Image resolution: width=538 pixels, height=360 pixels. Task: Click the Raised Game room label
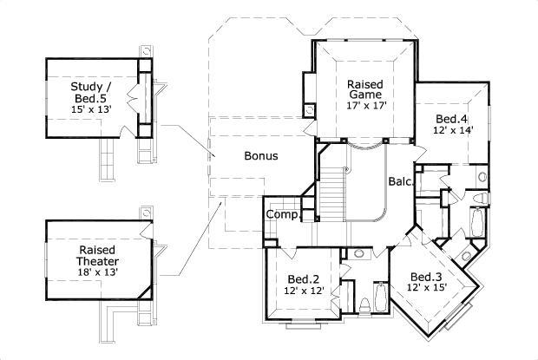[366, 90]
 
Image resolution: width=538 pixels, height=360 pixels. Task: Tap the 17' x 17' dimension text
[366, 106]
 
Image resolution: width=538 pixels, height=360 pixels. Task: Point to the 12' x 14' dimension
[452, 130]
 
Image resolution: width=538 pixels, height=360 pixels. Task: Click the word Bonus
[260, 157]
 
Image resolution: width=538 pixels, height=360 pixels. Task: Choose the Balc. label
[399, 181]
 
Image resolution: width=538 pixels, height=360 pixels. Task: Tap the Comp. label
[282, 214]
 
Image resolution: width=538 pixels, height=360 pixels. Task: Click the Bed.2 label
[304, 278]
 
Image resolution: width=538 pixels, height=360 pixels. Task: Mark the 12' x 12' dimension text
[304, 291]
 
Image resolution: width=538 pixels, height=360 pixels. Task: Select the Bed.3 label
[427, 277]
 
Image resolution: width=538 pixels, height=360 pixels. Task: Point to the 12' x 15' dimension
[428, 288]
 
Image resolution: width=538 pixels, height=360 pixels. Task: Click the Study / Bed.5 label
[90, 93]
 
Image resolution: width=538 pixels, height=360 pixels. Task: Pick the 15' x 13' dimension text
[90, 110]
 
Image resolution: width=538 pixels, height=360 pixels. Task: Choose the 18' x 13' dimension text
[96, 272]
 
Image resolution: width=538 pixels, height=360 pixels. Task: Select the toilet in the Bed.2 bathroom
[365, 305]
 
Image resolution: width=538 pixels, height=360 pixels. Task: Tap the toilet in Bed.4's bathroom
[482, 177]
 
